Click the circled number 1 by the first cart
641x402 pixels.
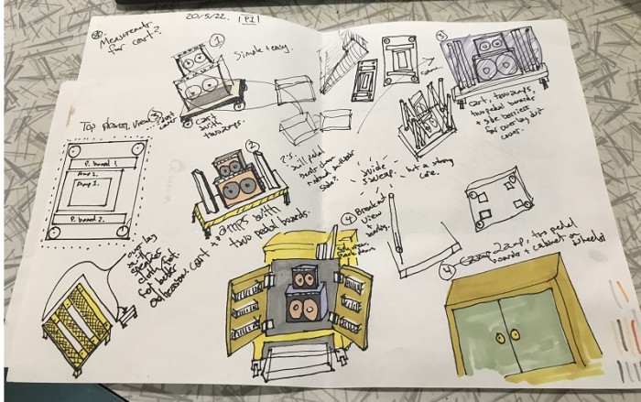tap(218, 41)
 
